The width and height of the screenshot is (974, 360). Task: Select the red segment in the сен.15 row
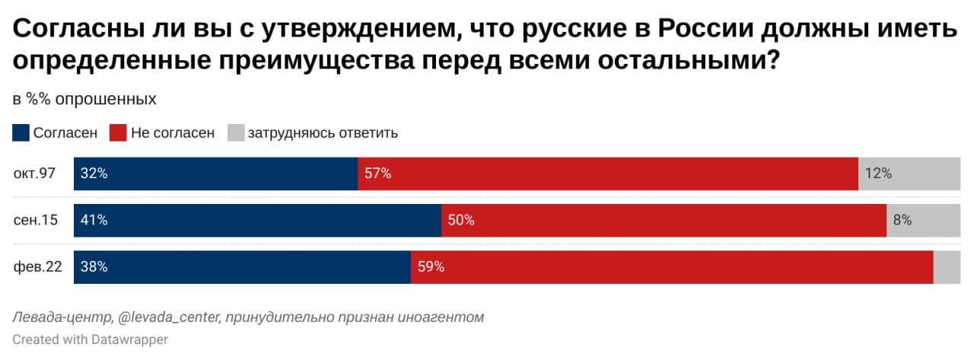pyautogui.click(x=664, y=220)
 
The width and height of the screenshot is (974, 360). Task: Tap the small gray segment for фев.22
pyautogui.click(x=947, y=267)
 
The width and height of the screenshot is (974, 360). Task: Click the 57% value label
pyautogui.click(x=377, y=174)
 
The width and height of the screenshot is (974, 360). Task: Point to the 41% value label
pyautogui.click(x=94, y=220)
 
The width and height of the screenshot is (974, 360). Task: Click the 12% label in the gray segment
pyautogui.click(x=877, y=174)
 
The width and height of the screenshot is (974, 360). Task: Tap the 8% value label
pyautogui.click(x=902, y=220)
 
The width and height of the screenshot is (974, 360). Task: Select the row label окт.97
pyautogui.click(x=34, y=174)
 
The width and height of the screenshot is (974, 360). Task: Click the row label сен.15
pyautogui.click(x=35, y=220)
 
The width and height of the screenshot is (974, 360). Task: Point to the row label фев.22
pyautogui.click(x=37, y=267)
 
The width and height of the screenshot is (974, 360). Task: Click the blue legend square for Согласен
pyautogui.click(x=21, y=133)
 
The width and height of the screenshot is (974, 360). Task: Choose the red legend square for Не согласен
pyautogui.click(x=118, y=133)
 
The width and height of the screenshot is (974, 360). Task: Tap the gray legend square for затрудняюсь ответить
pyautogui.click(x=236, y=133)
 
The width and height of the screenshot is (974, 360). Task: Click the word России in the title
pyautogui.click(x=708, y=30)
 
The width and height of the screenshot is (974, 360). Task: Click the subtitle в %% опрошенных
pyautogui.click(x=84, y=99)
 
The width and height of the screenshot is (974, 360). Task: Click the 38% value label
pyautogui.click(x=94, y=267)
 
